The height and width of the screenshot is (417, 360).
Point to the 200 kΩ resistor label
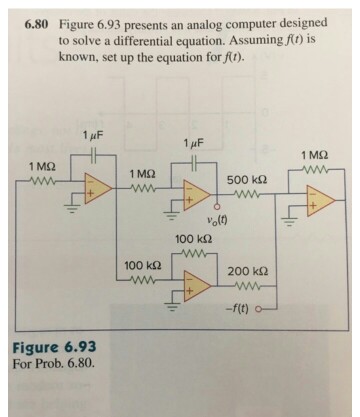pyautogui.click(x=245, y=272)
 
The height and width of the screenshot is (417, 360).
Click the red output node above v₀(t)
pyautogui.click(x=216, y=207)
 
